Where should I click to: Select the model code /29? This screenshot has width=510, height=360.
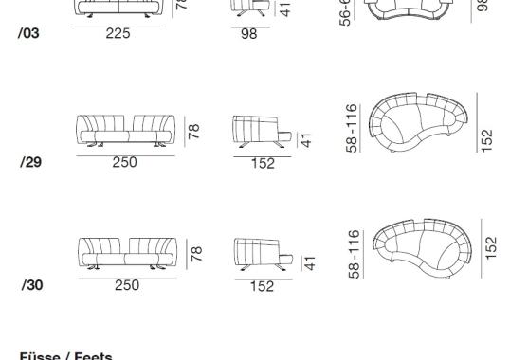click(x=29, y=161)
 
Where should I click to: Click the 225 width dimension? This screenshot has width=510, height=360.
click(x=118, y=33)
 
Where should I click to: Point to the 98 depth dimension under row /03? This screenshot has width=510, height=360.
click(x=248, y=35)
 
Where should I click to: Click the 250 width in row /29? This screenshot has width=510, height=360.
click(x=124, y=162)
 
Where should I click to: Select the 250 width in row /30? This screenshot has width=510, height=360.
click(x=126, y=285)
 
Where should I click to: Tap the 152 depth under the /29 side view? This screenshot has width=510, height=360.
click(x=263, y=163)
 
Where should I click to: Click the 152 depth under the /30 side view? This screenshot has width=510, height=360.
click(x=262, y=286)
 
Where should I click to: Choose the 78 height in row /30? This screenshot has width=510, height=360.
click(x=196, y=254)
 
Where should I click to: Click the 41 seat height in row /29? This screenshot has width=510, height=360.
click(x=305, y=140)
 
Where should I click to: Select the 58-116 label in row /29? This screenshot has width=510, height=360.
click(x=354, y=128)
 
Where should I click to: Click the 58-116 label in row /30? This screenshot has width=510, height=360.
click(x=354, y=253)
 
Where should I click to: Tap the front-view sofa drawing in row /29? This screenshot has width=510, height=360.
click(x=126, y=132)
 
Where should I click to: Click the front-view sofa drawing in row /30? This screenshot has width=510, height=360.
click(x=126, y=255)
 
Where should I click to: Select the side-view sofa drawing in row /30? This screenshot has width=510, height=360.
click(x=260, y=254)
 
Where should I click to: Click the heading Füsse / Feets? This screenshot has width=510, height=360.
click(x=65, y=356)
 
